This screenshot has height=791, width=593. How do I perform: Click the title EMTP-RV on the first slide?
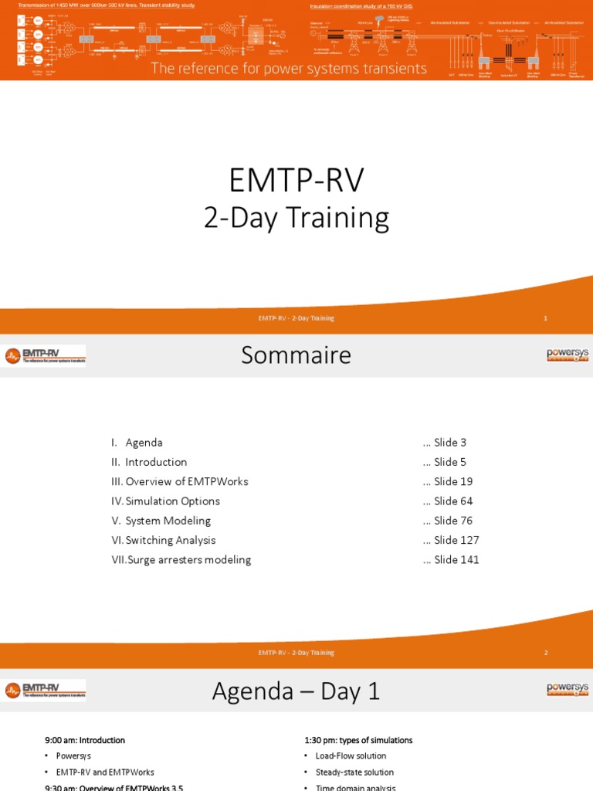296,181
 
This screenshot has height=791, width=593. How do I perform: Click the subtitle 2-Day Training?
296,218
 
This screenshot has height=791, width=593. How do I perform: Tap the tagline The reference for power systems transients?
289,69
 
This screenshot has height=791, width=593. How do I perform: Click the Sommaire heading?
296,355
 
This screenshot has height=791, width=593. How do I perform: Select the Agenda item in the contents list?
144,443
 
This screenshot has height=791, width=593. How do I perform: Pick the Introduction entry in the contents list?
156,462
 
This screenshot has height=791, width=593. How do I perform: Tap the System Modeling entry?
168,521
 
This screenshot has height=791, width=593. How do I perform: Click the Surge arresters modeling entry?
188,559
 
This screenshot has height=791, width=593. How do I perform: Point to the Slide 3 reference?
449,443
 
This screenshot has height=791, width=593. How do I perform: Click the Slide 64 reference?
452,501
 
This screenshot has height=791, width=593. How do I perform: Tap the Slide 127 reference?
456,540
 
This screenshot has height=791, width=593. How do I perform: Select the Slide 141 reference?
456,559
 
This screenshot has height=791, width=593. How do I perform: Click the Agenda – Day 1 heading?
296,691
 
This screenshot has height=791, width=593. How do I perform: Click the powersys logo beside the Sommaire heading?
568,355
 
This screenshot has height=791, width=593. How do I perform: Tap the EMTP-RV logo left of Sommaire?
44,355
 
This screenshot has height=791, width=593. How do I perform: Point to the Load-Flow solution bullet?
351,755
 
